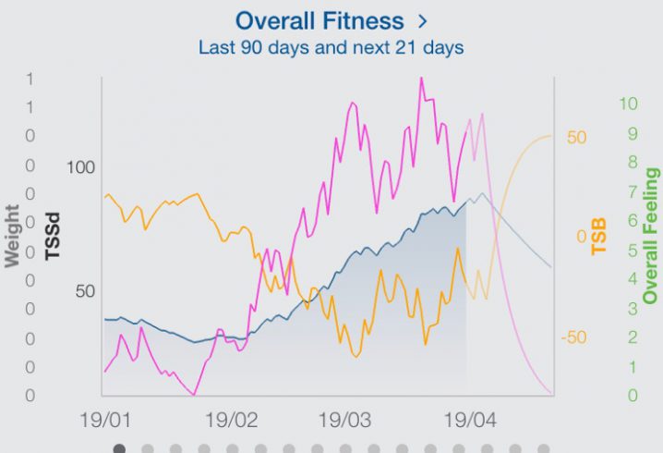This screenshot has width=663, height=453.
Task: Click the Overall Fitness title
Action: click(x=319, y=20)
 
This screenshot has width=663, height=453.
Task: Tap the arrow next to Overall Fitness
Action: click(x=424, y=20)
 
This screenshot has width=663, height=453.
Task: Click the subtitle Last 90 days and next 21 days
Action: click(x=331, y=46)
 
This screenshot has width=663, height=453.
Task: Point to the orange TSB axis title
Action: click(x=600, y=237)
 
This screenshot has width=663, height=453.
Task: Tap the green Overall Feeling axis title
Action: click(x=652, y=236)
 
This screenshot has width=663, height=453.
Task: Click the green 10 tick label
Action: click(x=628, y=104)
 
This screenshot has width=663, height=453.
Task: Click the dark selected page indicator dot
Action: click(x=118, y=448)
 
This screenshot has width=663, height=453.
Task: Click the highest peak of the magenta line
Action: click(x=421, y=78)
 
